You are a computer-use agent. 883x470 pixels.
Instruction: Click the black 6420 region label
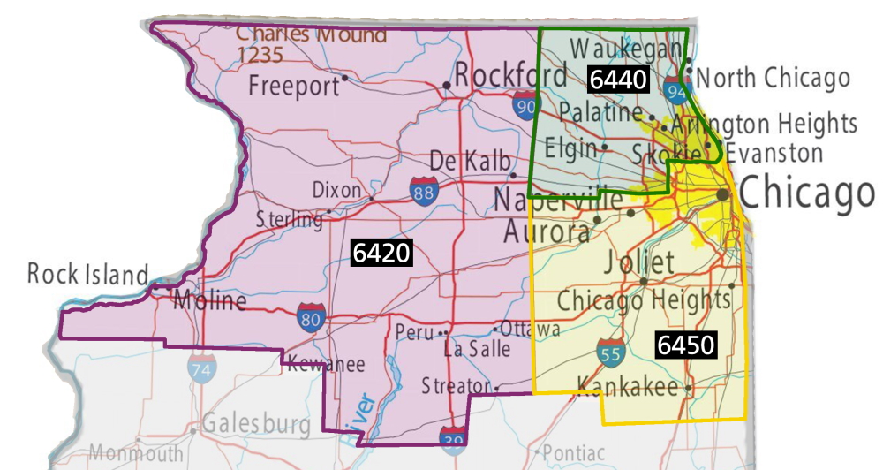pyautogui.click(x=381, y=254)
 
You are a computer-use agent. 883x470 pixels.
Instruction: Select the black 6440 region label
pyautogui.click(x=619, y=80)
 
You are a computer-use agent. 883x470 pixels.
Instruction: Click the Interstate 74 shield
pyautogui.click(x=200, y=368)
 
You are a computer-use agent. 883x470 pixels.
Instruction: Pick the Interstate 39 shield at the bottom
pyautogui.click(x=452, y=436)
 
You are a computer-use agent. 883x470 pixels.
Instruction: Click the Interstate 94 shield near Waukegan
pyautogui.click(x=677, y=89)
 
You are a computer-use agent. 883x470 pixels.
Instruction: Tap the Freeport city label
pyautogui.click(x=293, y=86)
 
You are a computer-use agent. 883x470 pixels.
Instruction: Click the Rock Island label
pyautogui.click(x=87, y=274)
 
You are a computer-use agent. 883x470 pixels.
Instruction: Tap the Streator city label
pyautogui.click(x=455, y=386)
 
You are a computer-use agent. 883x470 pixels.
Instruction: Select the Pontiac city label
pyautogui.click(x=573, y=452)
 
